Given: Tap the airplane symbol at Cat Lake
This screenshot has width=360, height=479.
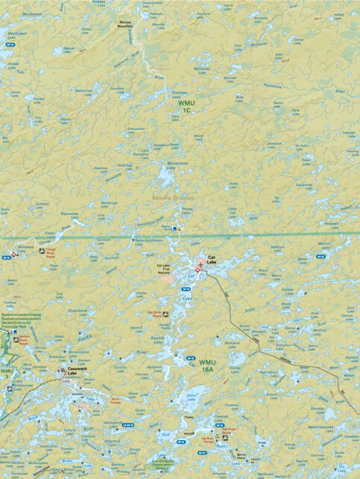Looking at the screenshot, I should click(200, 266).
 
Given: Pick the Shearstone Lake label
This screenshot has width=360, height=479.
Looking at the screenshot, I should click(78, 313).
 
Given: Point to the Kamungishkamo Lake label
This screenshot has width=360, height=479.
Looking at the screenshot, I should click(148, 240).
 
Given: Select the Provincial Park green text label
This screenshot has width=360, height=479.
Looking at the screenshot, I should click(20, 327).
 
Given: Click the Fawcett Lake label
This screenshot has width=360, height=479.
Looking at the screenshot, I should click(221, 417).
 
